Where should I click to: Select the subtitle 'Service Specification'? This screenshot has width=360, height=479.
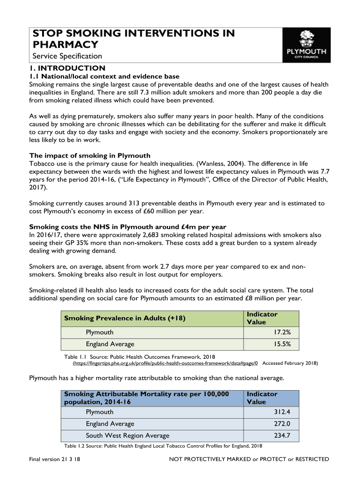point(67,56)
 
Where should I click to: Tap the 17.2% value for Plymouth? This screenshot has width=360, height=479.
point(282,332)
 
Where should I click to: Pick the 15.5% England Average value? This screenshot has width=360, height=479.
point(282,344)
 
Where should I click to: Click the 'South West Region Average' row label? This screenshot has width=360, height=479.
point(127,436)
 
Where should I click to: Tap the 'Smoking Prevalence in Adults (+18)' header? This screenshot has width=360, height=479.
point(125,319)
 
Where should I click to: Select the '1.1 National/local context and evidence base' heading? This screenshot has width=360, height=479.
point(104,76)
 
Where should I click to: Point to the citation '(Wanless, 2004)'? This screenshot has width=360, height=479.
point(220,163)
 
